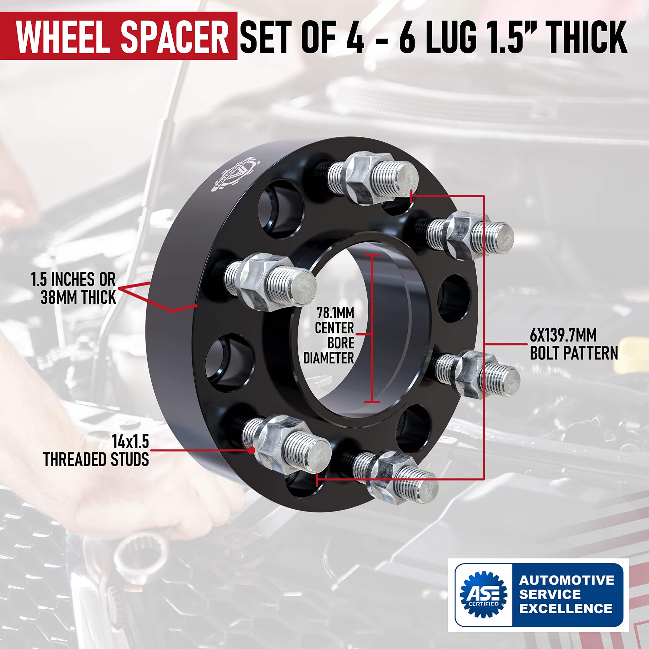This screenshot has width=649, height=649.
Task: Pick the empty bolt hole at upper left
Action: [x=281, y=209]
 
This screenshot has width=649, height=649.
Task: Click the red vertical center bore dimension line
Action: [x=372, y=328]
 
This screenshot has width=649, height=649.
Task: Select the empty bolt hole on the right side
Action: [x=454, y=299]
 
